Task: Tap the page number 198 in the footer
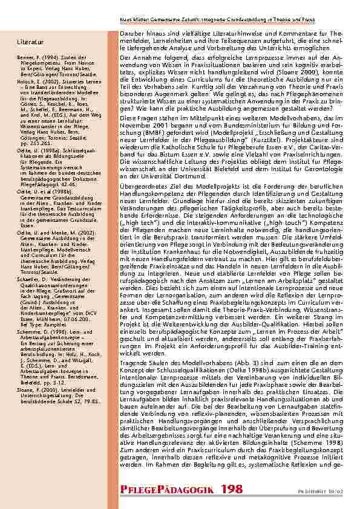point(232,488)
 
